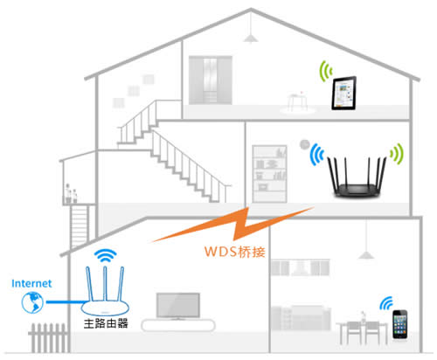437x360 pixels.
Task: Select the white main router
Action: coord(106,294)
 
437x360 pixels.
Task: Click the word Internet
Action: coord(31,283)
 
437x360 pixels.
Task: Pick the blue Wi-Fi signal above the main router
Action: coord(106,257)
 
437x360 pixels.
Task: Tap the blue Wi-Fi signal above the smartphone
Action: coord(385,303)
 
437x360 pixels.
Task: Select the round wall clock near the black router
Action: coord(305,143)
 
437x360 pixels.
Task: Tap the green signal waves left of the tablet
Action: coord(325,69)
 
